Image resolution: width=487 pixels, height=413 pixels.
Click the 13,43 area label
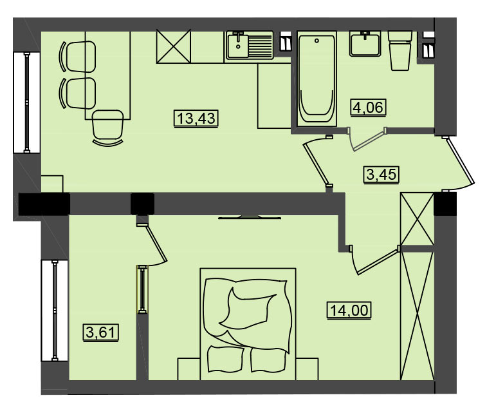pyautogui.click(x=196, y=119)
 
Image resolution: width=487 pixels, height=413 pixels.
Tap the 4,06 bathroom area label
pyautogui.click(x=369, y=108)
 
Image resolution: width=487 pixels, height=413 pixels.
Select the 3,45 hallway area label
pyautogui.click(x=381, y=174)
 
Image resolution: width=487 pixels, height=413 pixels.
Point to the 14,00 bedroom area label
pyautogui.click(x=349, y=310)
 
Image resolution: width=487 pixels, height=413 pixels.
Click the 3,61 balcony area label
pyautogui.click(x=101, y=332)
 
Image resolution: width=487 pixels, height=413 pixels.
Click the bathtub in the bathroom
pyautogui.click(x=317, y=79)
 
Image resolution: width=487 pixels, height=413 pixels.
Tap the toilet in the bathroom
pyautogui.click(x=400, y=50)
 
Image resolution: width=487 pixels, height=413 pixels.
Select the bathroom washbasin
pyautogui.click(x=365, y=44)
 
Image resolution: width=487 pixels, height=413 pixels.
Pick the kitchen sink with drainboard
pyautogui.click(x=250, y=45)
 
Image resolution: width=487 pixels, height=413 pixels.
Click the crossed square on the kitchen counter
pyautogui.click(x=173, y=46)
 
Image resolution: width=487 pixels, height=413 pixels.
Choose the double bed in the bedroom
pyautogui.click(x=248, y=324)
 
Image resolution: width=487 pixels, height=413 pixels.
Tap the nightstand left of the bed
pyautogui.click(x=189, y=369)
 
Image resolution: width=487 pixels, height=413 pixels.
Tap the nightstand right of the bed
pyautogui.click(x=307, y=369)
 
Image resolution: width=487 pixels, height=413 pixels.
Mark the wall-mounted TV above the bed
pyautogui.click(x=250, y=217)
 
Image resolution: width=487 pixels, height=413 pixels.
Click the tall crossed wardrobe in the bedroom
pyautogui.click(x=417, y=316)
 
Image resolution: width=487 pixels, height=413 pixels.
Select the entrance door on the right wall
pyautogui.click(x=459, y=164)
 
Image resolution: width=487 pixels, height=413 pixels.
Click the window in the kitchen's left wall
pyautogui.click(x=27, y=102)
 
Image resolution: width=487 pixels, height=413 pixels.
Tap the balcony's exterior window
pyautogui.click(x=55, y=311)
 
